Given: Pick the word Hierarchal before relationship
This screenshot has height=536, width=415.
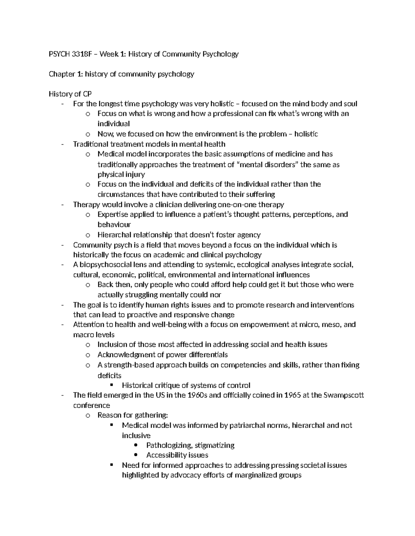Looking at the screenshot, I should (113, 235).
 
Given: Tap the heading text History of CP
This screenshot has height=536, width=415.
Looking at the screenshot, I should (70, 94).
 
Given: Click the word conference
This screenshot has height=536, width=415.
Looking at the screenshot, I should (92, 405).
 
